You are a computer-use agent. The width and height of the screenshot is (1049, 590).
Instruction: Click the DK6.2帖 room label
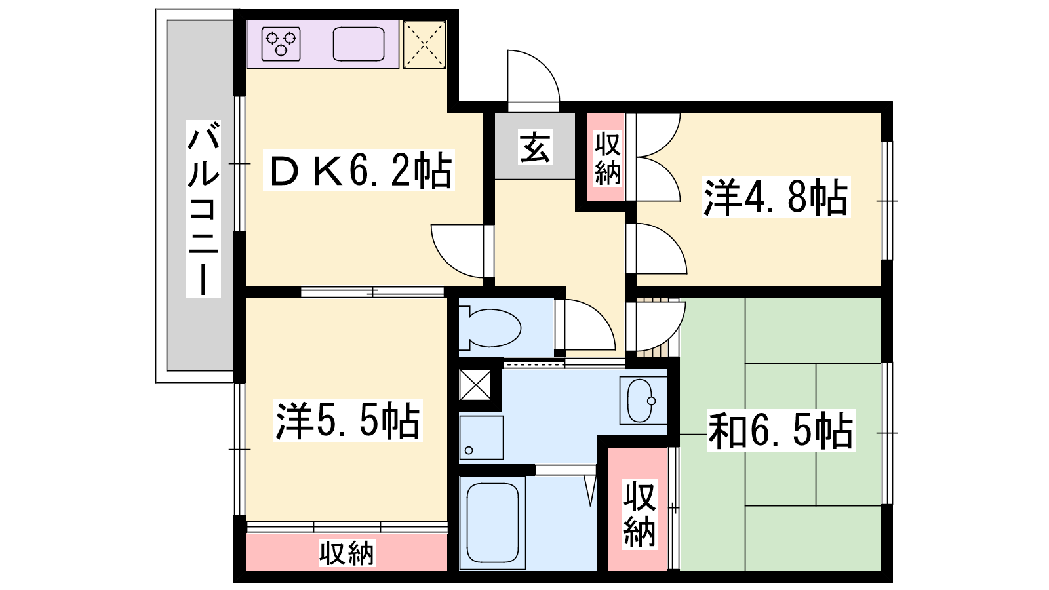click(x=359, y=170)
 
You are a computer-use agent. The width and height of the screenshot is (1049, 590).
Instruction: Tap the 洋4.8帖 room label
click(x=776, y=197)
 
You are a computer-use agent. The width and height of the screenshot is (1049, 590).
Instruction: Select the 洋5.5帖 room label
click(x=348, y=420)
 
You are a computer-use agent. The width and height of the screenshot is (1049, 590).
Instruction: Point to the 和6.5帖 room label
click(x=781, y=430)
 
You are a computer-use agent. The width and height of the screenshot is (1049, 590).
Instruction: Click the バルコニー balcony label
click(x=203, y=208)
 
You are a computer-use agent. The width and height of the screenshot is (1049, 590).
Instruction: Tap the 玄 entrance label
click(x=535, y=147)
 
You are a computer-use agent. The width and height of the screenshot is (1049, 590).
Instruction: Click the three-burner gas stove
click(x=281, y=44)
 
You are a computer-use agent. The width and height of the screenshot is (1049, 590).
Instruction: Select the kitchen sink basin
click(x=359, y=44)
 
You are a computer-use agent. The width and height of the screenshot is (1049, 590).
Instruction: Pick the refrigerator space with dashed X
click(x=424, y=45)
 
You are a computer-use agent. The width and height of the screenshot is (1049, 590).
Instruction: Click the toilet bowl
click(x=490, y=328)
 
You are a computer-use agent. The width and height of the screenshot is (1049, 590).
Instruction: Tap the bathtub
click(x=492, y=522)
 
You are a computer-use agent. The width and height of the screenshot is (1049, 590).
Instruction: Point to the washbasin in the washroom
click(x=643, y=401)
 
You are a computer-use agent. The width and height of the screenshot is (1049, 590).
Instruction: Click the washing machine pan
click(x=481, y=437)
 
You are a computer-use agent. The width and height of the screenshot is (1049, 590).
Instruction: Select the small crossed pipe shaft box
click(x=475, y=385)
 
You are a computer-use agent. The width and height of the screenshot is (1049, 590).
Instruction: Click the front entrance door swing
click(x=534, y=81)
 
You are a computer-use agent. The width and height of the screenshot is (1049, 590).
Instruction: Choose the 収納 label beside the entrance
click(x=607, y=159)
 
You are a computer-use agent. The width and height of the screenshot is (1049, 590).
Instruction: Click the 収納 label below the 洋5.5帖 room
click(x=347, y=553)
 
